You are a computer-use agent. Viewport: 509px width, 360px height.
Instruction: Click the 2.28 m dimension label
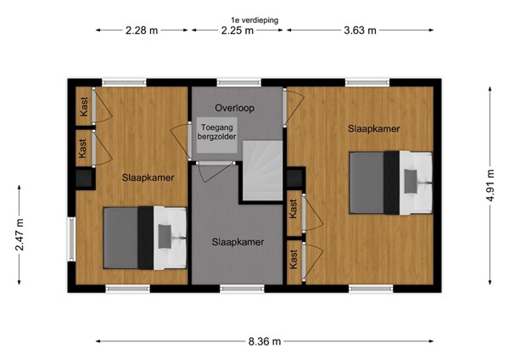142,31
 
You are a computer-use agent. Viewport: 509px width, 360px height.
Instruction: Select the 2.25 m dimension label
238,31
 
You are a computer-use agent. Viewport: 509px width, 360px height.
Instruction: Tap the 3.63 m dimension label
360,31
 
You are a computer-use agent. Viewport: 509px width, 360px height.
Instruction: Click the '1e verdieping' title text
254,19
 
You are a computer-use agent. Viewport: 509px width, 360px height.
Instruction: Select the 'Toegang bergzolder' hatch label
215,134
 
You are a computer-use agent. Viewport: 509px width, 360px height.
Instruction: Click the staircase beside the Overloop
263,170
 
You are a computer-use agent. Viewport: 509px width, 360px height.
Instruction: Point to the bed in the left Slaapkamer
145,239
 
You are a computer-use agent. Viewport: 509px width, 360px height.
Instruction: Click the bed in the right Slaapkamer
393,182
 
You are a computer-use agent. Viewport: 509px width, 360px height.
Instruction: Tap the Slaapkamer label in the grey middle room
238,242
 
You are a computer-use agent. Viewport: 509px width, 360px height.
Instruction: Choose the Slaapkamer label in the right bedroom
373,129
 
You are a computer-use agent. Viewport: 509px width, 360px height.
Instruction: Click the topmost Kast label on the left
84,107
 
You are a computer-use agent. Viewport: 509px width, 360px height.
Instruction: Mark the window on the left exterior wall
72,240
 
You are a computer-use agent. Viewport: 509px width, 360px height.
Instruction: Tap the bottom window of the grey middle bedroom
238,289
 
